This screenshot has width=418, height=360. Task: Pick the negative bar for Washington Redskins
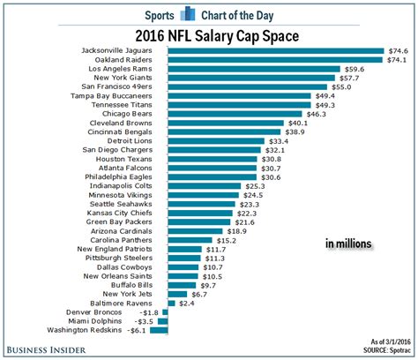pyautogui.click(x=160, y=331)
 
